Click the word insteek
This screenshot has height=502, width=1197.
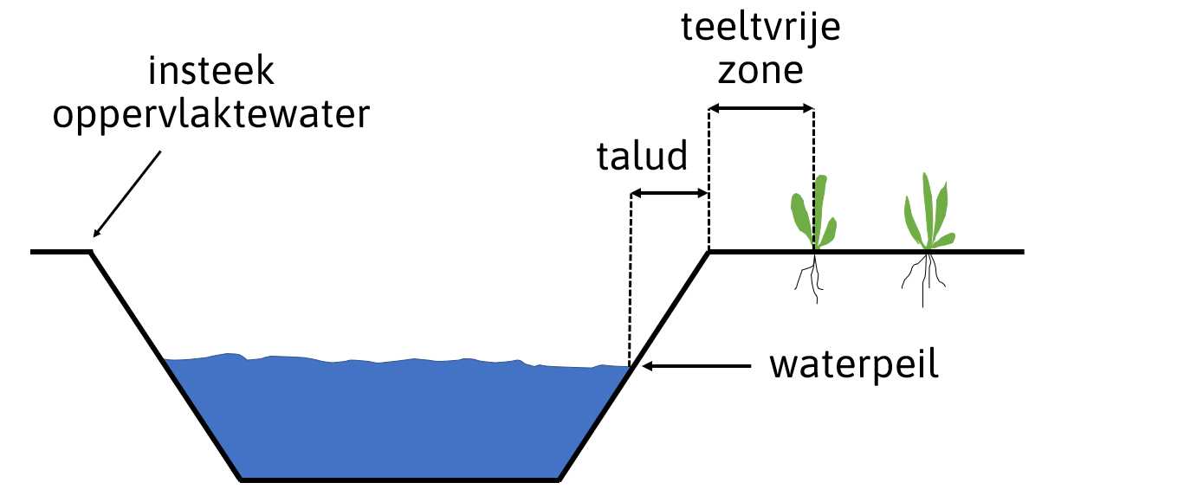click(212, 72)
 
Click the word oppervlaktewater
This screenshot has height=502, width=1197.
click(212, 115)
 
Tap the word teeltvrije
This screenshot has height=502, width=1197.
click(760, 28)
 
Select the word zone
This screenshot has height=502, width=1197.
click(760, 69)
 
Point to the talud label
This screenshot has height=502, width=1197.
click(642, 158)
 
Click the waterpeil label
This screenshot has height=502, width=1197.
click(855, 366)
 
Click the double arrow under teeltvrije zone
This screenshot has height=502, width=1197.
click(761, 108)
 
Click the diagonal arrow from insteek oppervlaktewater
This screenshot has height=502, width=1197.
click(127, 195)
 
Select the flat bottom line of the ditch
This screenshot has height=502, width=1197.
click(398, 479)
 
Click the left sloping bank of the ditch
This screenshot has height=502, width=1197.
click(165, 364)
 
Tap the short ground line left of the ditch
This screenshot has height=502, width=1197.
click(61, 252)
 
